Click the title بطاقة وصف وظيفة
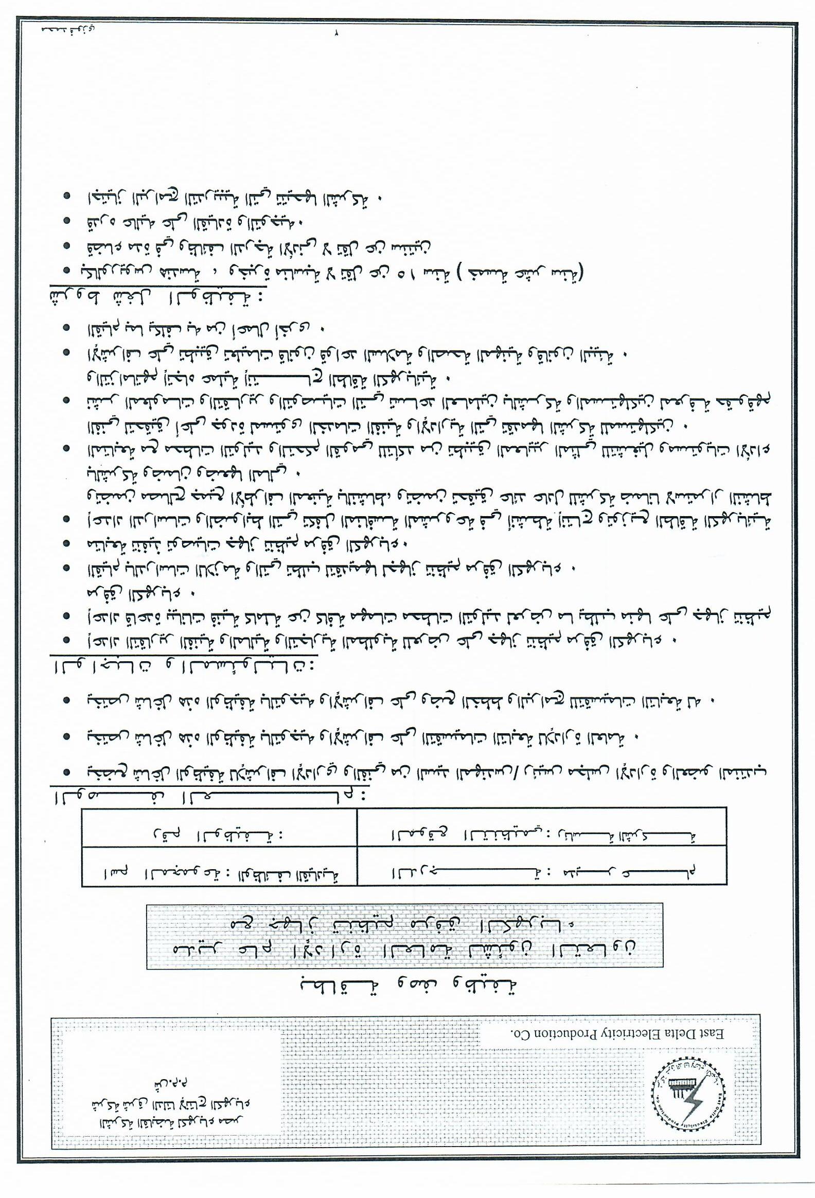click(x=410, y=984)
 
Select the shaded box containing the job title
click(x=404, y=936)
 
